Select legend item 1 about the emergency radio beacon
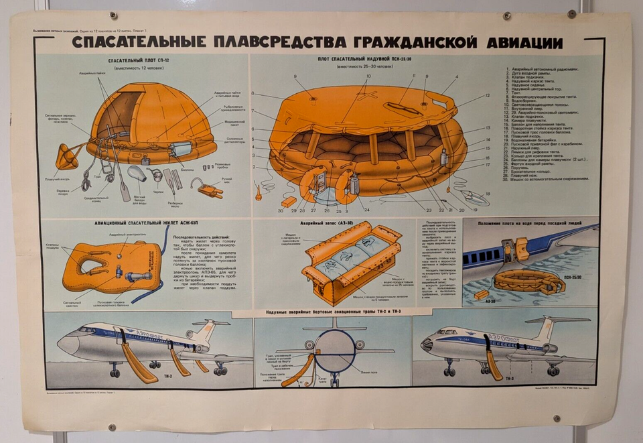point(543,70)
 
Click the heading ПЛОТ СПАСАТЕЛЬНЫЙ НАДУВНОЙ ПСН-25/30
point(365,60)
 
